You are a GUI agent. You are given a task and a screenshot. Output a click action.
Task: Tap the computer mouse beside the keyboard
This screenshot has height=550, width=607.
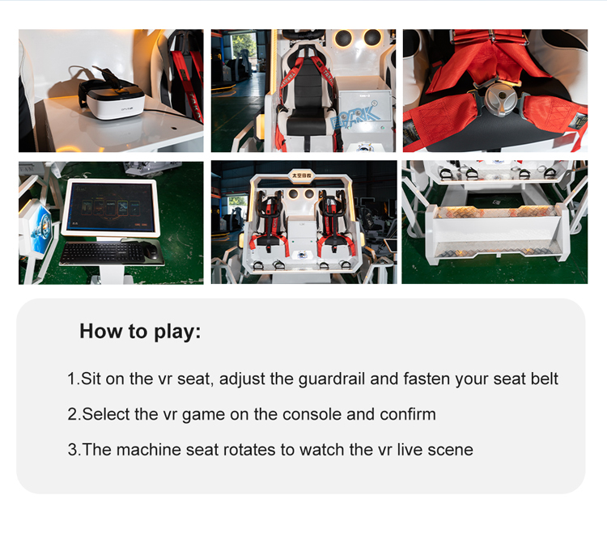click(151, 251)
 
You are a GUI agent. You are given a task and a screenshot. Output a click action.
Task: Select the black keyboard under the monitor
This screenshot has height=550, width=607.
click(101, 252)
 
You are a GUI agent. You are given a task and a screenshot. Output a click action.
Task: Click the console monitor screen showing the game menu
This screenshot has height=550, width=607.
click(111, 208)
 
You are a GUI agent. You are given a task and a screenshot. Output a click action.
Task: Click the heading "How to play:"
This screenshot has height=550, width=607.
click(140, 332)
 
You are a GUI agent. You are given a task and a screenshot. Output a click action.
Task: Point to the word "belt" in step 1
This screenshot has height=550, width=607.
click(545, 379)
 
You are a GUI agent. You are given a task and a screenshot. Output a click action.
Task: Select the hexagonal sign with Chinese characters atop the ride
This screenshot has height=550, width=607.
click(301, 176)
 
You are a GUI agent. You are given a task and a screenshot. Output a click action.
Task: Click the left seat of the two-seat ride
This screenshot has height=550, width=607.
click(271, 223)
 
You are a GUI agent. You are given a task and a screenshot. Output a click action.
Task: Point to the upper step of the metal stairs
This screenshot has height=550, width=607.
click(497, 213)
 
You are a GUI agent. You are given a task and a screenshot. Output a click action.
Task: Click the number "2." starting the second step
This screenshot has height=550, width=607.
click(74, 414)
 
